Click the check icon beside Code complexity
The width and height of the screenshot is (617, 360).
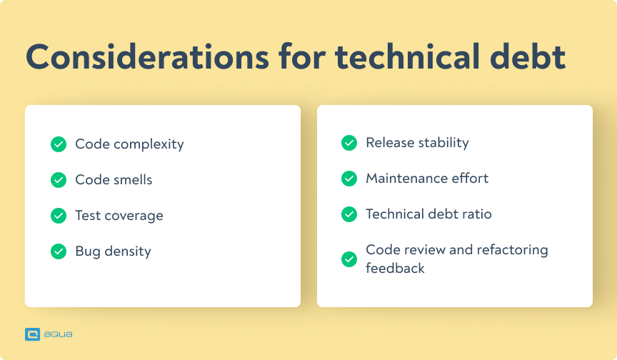(x=59, y=144)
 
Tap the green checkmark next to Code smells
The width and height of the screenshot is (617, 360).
(x=59, y=180)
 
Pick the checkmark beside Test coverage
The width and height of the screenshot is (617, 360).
(x=59, y=216)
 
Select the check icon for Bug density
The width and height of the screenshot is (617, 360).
(x=59, y=251)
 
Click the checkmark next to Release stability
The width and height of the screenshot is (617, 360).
(x=349, y=143)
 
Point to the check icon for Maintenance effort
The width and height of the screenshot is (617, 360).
(x=349, y=179)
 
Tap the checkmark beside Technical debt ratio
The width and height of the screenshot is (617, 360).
(x=349, y=214)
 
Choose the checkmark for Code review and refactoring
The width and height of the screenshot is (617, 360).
(x=349, y=259)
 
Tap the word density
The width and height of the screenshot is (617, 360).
(x=127, y=251)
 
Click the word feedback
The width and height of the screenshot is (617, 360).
(x=395, y=269)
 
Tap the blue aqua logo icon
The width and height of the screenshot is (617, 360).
(x=32, y=334)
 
